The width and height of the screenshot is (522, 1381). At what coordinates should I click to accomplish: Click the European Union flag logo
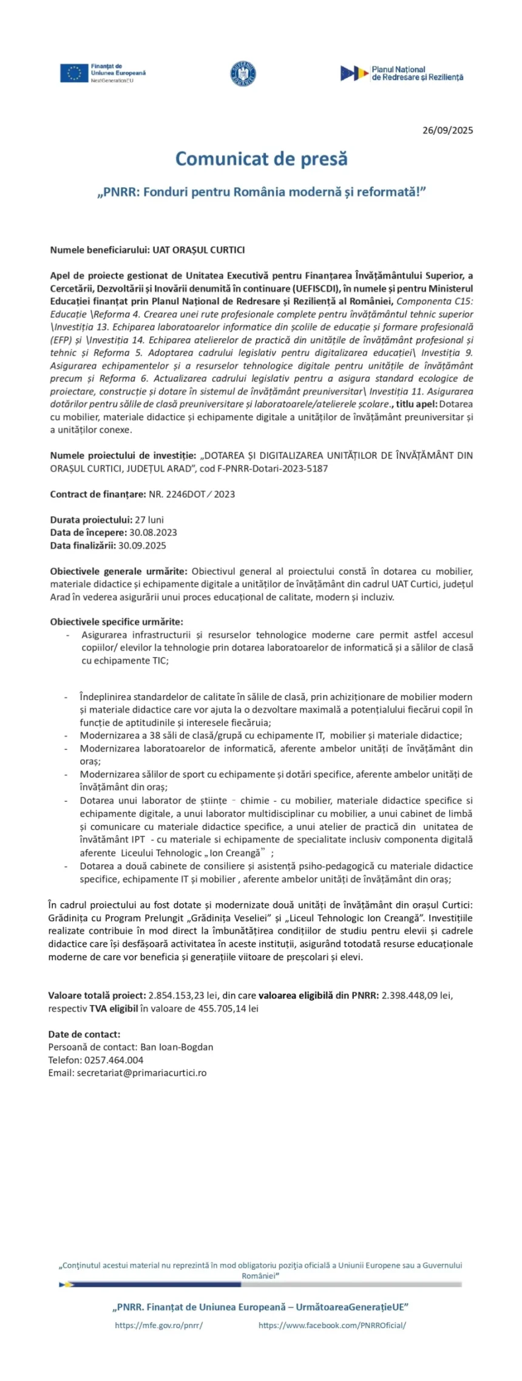point(73,73)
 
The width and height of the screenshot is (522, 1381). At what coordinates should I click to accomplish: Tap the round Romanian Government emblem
point(243,73)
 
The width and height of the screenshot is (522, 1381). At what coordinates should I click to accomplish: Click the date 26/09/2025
point(447,130)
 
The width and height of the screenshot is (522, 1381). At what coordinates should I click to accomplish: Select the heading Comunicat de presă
point(262,159)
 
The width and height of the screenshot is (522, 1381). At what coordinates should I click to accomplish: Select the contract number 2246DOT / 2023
point(192,494)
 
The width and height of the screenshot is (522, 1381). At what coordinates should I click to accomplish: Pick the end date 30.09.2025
point(142,545)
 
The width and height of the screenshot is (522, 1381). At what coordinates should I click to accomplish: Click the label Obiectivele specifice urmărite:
point(117,622)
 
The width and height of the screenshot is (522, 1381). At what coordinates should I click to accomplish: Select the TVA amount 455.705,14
point(222,1008)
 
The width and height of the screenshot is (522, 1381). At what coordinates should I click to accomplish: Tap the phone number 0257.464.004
point(114,1060)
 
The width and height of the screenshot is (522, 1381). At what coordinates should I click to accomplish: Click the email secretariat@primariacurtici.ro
point(141,1072)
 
